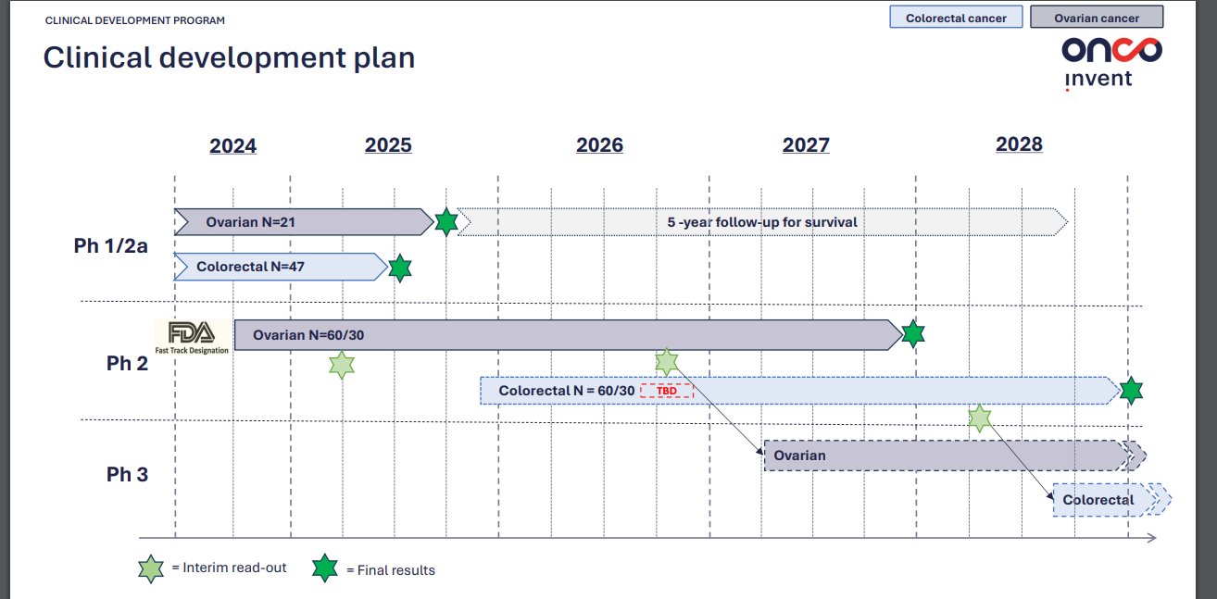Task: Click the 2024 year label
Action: tap(232, 145)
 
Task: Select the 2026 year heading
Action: tap(599, 145)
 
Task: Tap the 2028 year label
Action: tap(1019, 144)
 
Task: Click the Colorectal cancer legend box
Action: tap(956, 18)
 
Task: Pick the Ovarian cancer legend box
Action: tap(1097, 18)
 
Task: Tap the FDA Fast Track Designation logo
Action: tap(192, 337)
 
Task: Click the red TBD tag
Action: tap(667, 391)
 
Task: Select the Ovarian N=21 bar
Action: tap(304, 222)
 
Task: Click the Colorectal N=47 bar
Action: tap(281, 267)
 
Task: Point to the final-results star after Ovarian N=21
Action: tap(446, 222)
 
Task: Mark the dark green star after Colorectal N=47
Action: tap(400, 268)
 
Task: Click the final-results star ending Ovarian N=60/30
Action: tap(913, 334)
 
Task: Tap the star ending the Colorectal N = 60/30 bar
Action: tap(1131, 391)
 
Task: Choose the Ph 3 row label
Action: tap(127, 475)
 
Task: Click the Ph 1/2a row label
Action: tap(111, 246)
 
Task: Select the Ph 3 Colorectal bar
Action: tap(1111, 500)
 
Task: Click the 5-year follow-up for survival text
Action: tap(762, 222)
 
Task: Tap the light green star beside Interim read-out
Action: tap(151, 568)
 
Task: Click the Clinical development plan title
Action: tap(230, 57)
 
